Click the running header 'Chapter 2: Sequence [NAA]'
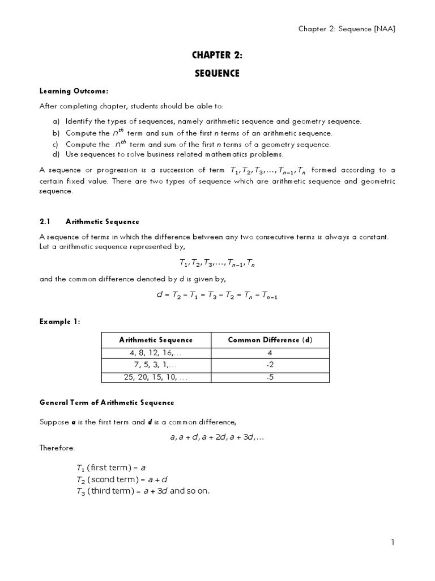(x=347, y=30)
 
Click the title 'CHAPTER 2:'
(x=217, y=55)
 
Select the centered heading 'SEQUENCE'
(x=217, y=73)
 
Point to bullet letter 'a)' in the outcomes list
(x=56, y=121)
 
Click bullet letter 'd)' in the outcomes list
(x=56, y=154)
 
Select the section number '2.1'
(x=45, y=222)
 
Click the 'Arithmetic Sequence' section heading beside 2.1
(x=103, y=222)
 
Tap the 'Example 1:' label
(x=60, y=322)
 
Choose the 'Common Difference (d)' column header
(x=270, y=340)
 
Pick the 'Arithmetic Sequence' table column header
(x=156, y=340)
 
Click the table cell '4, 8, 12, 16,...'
(x=156, y=352)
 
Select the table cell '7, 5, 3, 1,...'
(x=156, y=365)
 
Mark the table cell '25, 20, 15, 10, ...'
(x=156, y=377)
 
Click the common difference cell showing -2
(x=270, y=365)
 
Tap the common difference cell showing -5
(x=270, y=377)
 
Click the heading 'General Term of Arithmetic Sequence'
(x=106, y=403)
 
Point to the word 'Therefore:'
(x=57, y=448)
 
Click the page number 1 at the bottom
(x=393, y=542)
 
